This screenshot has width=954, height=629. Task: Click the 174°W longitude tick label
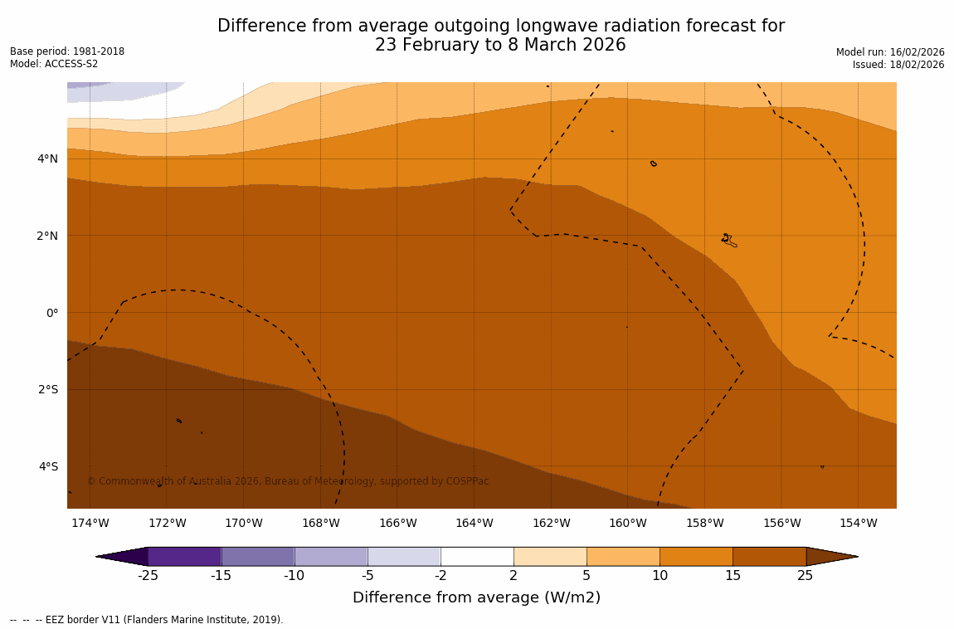click(x=90, y=523)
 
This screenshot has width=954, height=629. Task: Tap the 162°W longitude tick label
click(x=551, y=523)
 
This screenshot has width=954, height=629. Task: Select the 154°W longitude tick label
click(x=858, y=523)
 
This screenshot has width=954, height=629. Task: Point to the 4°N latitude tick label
click(x=48, y=158)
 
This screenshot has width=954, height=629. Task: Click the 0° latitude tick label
click(x=51, y=313)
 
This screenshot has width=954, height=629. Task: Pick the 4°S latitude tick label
click(x=48, y=466)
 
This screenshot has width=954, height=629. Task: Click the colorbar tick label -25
click(x=148, y=576)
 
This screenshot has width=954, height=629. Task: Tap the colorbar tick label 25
click(x=805, y=576)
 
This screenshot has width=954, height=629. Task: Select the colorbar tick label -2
click(x=440, y=576)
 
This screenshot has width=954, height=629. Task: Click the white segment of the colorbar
click(x=477, y=556)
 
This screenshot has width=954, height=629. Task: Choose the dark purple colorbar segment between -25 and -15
click(x=184, y=556)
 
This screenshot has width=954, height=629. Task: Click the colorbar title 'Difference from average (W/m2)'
click(x=476, y=597)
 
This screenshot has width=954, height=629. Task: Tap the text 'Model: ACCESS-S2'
click(x=54, y=64)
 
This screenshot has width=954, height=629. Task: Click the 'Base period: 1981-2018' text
click(x=67, y=51)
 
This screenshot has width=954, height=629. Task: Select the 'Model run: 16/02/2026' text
click(x=890, y=52)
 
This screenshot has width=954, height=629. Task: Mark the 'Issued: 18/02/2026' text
click(x=898, y=65)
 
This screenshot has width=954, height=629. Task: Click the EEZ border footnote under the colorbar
click(x=147, y=620)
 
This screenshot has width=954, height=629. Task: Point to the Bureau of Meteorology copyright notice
click(x=288, y=481)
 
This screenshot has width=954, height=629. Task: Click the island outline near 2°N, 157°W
click(x=728, y=240)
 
